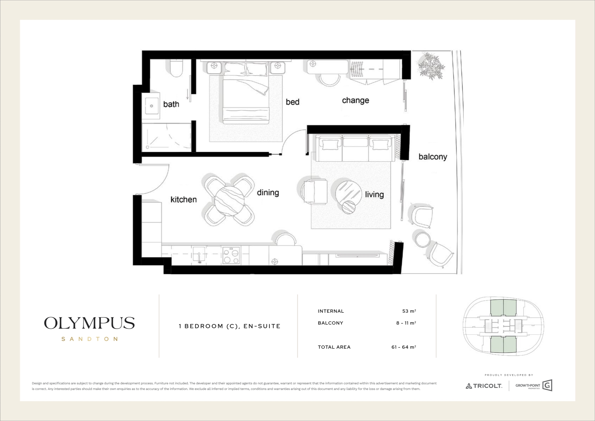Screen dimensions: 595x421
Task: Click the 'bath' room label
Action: [x=171, y=104]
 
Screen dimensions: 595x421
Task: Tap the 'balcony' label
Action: [x=433, y=157]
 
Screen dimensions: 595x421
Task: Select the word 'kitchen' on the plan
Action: [x=184, y=199]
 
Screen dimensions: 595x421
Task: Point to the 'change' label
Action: [x=356, y=100]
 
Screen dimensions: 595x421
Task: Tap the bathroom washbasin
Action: [x=151, y=106]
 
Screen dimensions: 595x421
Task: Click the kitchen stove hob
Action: [x=231, y=256]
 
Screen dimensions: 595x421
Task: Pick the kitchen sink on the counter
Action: [x=199, y=255]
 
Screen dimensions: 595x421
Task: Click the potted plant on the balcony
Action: [x=431, y=66]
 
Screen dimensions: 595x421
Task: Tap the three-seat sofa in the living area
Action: [x=354, y=148]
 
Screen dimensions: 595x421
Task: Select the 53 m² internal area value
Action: [x=409, y=311]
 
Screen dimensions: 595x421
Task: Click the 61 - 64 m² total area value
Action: [x=404, y=347]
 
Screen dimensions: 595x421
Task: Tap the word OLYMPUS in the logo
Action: [x=90, y=323]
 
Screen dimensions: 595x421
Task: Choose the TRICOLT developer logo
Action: [x=484, y=386]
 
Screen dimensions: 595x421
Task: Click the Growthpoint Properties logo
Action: [x=534, y=385]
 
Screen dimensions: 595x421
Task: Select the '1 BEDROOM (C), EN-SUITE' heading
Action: [x=230, y=326]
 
